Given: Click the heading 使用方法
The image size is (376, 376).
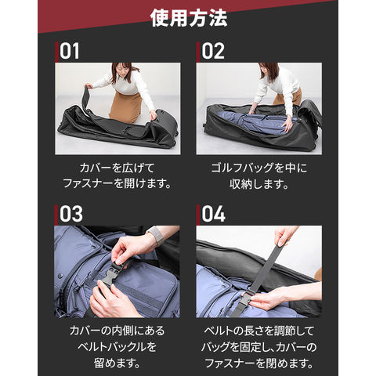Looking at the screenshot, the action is pos(189,18).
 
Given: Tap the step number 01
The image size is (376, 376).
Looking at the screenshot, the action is pos(69,51).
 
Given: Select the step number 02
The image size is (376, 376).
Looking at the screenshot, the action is pos(213,51).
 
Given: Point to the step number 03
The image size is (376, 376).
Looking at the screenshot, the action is pos(71,214).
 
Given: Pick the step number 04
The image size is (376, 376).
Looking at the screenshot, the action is pos(213,214).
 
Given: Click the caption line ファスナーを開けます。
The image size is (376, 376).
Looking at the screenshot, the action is pos(117,183).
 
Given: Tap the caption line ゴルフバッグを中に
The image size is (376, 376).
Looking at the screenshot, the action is pos(258,168).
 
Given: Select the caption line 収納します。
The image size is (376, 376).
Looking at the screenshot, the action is pos(258,184).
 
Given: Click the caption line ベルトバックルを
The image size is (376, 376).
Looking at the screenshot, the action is pos(117,347).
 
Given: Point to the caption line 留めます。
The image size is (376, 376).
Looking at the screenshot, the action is pos(117,363).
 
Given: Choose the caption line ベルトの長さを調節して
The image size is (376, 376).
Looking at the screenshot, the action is pos(258,331).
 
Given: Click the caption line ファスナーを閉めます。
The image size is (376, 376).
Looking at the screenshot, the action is pos(258,363).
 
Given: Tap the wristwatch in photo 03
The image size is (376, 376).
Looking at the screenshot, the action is pos(156,235).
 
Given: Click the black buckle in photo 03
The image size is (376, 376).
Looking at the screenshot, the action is pos(111,274).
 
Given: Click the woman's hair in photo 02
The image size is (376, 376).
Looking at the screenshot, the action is pos(269,70).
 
